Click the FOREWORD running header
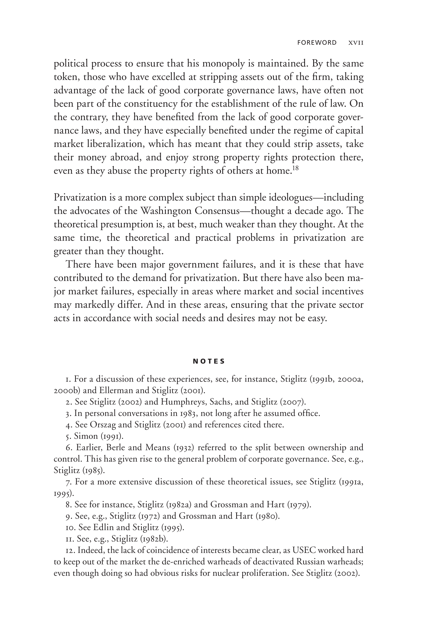click(317, 43)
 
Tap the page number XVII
click(356, 43)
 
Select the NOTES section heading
click(209, 362)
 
